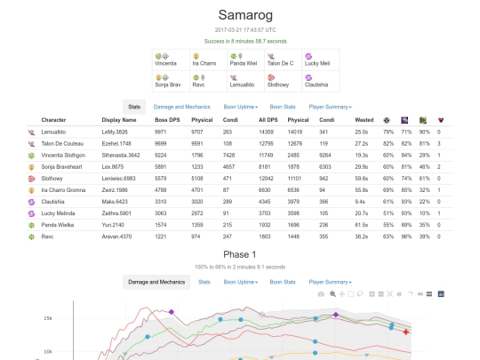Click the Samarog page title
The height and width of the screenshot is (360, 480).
pos(240,16)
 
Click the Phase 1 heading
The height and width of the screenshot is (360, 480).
pos(240,253)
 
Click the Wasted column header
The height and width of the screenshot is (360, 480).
pos(362,119)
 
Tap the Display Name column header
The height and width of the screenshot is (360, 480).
pos(119,119)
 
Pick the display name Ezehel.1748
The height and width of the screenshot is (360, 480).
pos(119,142)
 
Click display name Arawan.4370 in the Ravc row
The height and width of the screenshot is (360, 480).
pos(119,235)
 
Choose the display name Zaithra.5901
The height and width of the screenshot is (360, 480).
pos(119,212)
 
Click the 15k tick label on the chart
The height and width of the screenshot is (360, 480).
pos(47,317)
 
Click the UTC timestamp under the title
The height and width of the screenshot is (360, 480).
pos(240,30)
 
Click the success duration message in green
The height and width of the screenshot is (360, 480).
pos(240,41)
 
